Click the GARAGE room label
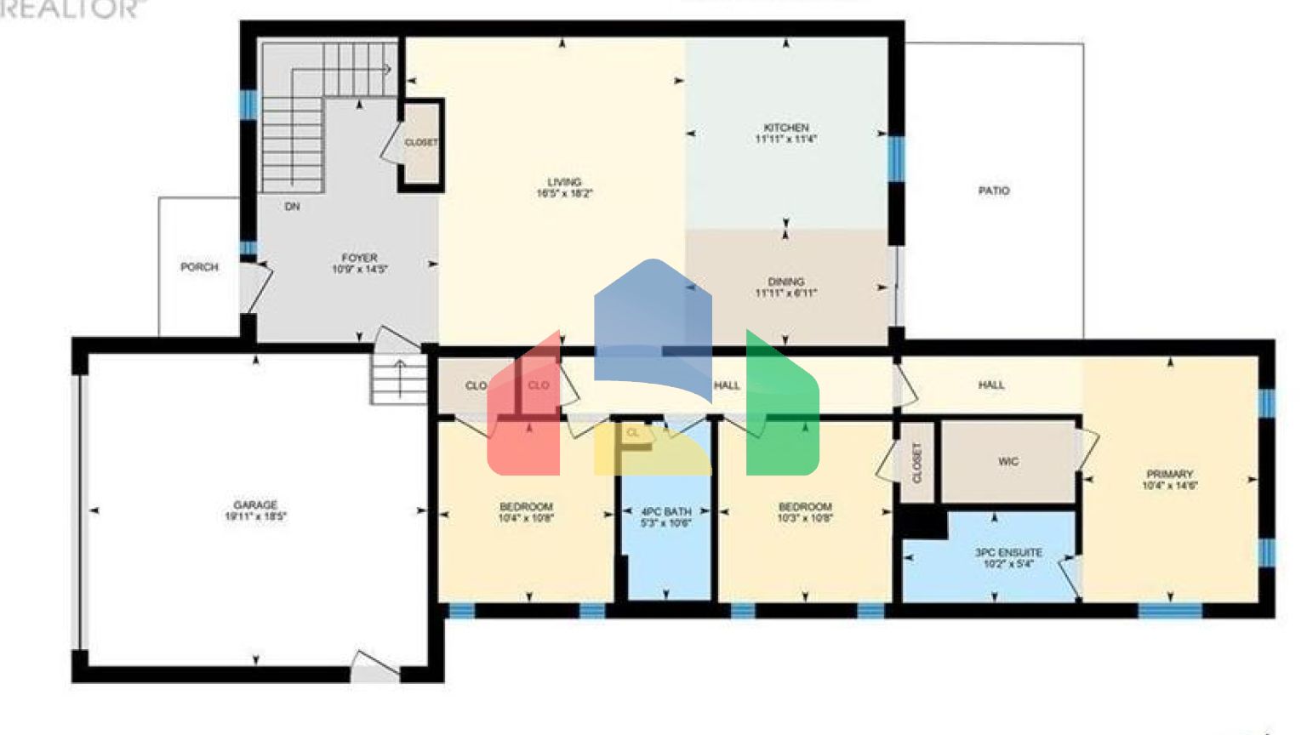pyautogui.click(x=255, y=505)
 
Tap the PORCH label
pyautogui.click(x=199, y=267)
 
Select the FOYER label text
pyautogui.click(x=359, y=258)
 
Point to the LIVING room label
pyautogui.click(x=564, y=182)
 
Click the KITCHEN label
pyautogui.click(x=785, y=128)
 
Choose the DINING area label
pyautogui.click(x=785, y=282)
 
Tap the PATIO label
pyautogui.click(x=994, y=191)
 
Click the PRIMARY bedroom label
pyautogui.click(x=1169, y=475)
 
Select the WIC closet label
pyautogui.click(x=1008, y=462)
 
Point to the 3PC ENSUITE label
pyautogui.click(x=1008, y=553)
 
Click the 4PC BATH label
pyautogui.click(x=666, y=512)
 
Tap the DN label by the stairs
pyautogui.click(x=292, y=207)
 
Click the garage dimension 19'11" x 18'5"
pyautogui.click(x=255, y=516)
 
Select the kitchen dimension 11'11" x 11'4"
pyautogui.click(x=785, y=139)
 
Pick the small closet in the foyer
pyautogui.click(x=420, y=144)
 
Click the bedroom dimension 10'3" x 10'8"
pyautogui.click(x=805, y=518)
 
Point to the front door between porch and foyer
pyautogui.click(x=253, y=288)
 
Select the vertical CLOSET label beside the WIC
pyautogui.click(x=917, y=463)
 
